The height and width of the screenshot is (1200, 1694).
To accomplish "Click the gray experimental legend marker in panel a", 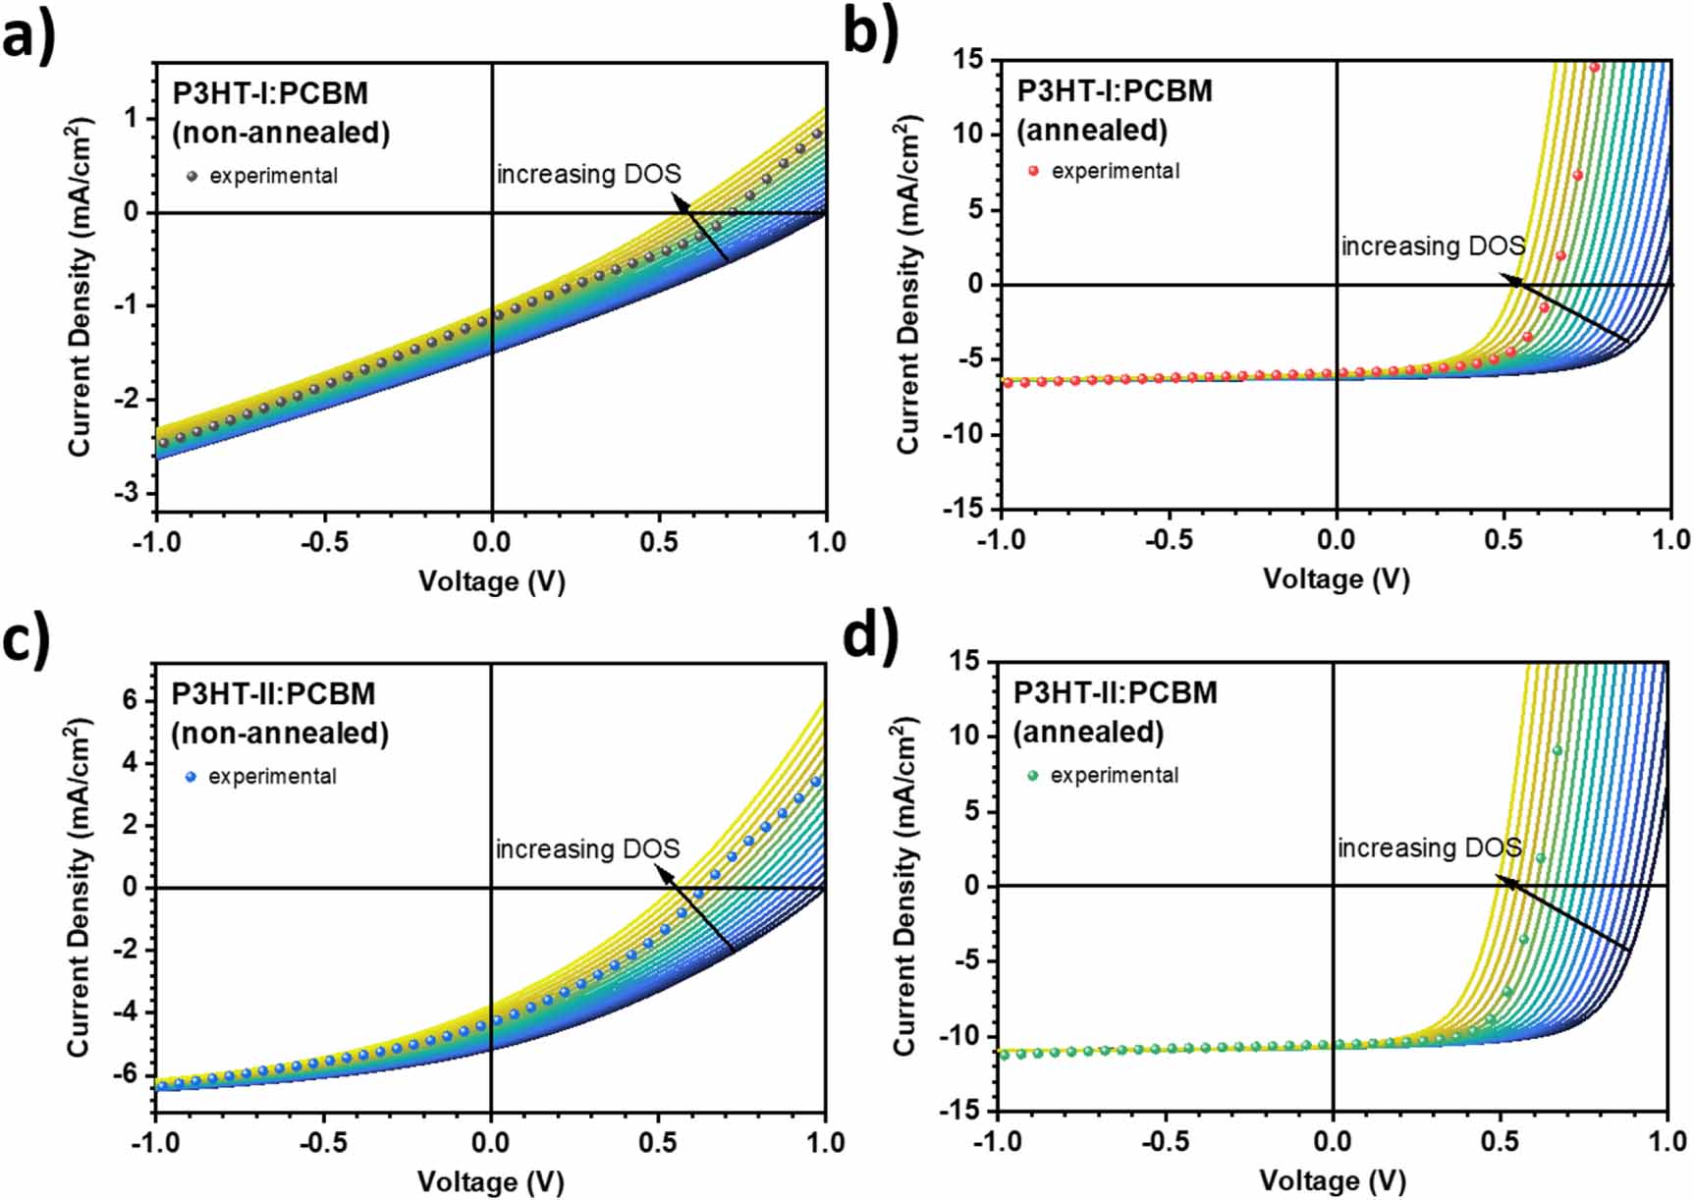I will click(191, 177).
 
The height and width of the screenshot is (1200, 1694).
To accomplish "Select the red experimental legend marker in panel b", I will click(1033, 171).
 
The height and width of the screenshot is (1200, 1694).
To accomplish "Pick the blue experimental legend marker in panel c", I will click(191, 777).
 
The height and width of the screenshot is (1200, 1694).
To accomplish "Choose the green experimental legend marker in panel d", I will click(1032, 776).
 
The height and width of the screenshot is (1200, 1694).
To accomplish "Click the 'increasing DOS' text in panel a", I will click(587, 175).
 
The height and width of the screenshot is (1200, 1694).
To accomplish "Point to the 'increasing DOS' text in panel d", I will click(1429, 847).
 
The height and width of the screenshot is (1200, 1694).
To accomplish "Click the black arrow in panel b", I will click(1566, 310).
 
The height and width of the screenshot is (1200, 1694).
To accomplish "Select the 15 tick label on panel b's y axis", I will click(967, 59).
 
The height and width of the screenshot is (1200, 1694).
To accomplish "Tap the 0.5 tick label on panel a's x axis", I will click(659, 542).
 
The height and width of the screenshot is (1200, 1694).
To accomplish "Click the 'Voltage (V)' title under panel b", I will click(1336, 579).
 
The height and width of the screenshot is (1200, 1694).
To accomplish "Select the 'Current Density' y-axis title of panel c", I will click(79, 889).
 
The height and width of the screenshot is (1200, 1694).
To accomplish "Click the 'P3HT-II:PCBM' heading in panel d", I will click(1115, 693).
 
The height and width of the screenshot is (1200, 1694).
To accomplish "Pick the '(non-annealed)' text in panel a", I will click(281, 134).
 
